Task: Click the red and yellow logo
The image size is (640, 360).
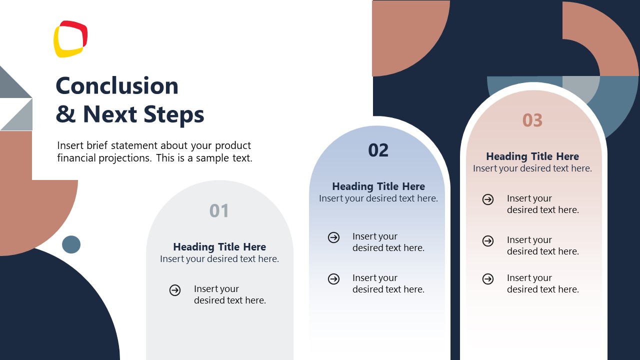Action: [x=70, y=39]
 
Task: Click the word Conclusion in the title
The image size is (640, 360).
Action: [x=117, y=85]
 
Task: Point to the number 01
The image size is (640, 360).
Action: [x=219, y=211]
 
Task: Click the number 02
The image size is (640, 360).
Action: [x=378, y=150]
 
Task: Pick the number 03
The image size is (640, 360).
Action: [x=532, y=120]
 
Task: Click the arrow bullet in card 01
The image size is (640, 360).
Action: [x=175, y=290]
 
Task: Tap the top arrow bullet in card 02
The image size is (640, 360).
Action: [x=333, y=237]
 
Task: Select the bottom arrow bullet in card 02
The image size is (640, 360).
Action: [x=333, y=279]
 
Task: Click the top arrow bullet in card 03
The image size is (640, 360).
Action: [x=488, y=199]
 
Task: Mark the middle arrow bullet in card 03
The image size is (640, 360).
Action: [x=488, y=241]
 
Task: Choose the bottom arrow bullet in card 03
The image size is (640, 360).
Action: [x=488, y=279]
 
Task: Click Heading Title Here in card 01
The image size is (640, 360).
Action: [x=219, y=247]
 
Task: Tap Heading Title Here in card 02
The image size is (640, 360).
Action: [x=378, y=186]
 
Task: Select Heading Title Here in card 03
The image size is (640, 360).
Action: [x=532, y=156]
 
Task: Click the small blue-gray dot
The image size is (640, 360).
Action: [x=71, y=244]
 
